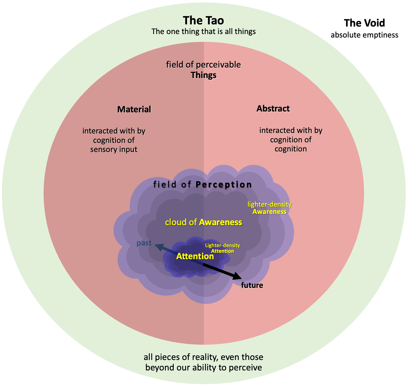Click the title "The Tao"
coord(203,21)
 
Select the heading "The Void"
coord(364,23)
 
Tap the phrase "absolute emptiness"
coord(364,35)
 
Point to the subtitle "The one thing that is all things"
coord(203,32)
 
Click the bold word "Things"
coord(203,75)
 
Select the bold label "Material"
coord(134,109)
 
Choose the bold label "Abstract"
coord(273,109)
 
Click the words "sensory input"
coord(114,150)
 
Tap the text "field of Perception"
coord(202,185)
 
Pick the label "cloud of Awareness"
coord(203,222)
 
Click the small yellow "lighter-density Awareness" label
coord(269,208)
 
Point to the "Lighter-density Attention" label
coord(222,248)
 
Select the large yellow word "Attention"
coord(195,257)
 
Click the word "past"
coord(144,243)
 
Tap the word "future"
coord(252,285)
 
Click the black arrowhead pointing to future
coord(238,276)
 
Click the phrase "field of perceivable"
coord(203,65)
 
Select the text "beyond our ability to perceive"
coord(203,368)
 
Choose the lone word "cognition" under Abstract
coord(290,149)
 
